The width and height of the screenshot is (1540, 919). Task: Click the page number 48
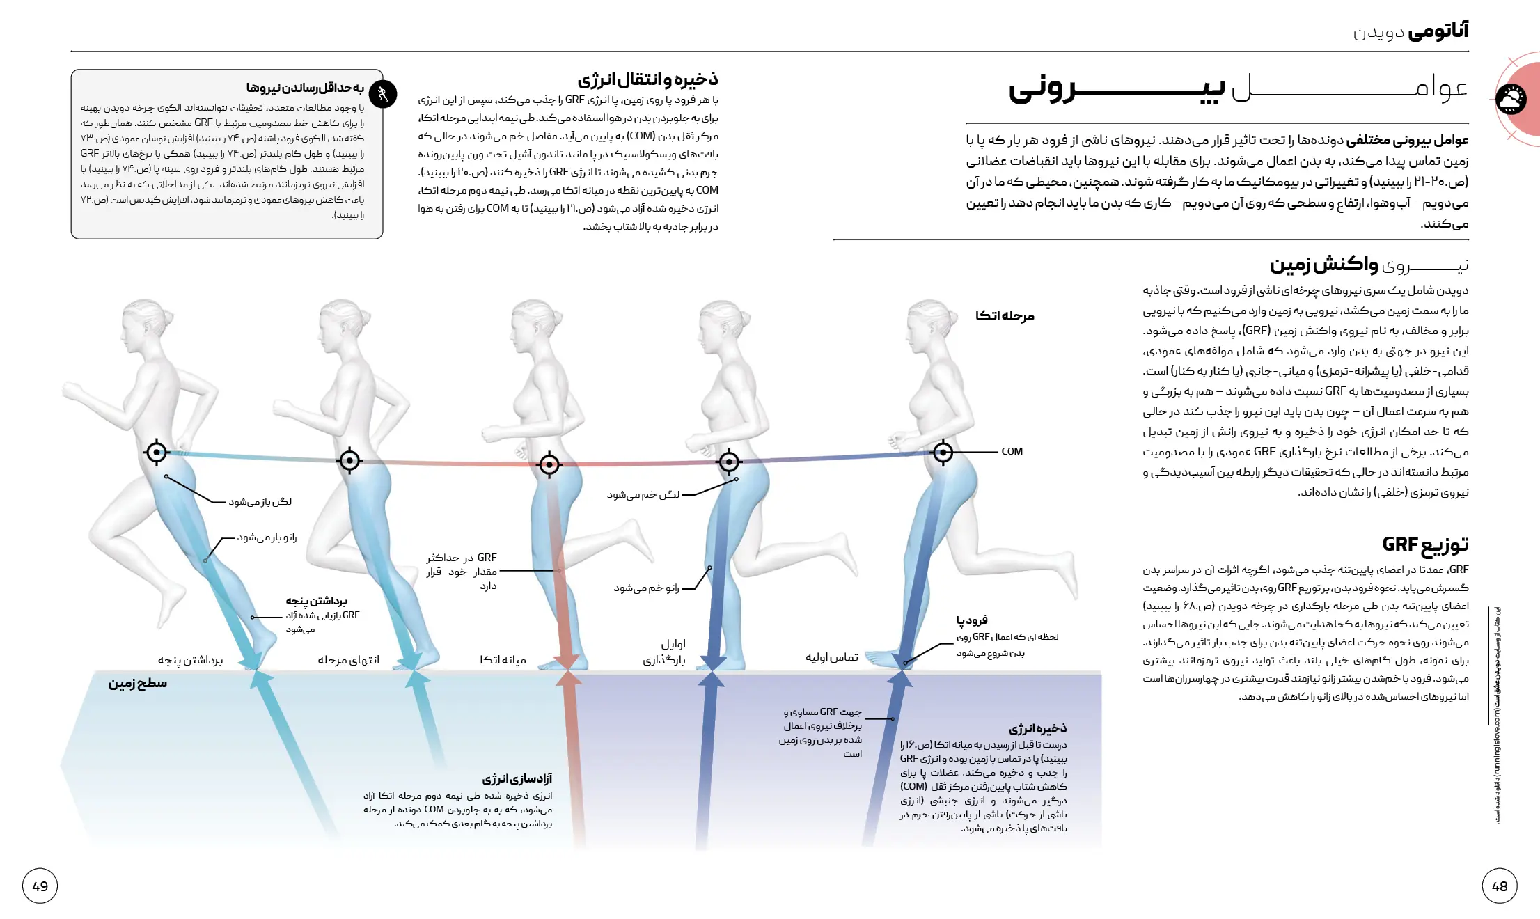[x=1499, y=886]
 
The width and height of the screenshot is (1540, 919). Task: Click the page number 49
[x=40, y=886]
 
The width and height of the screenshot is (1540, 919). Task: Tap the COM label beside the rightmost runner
[x=1012, y=451]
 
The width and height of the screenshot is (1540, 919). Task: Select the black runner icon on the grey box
[x=382, y=93]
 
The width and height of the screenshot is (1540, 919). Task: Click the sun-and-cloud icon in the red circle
[x=1511, y=100]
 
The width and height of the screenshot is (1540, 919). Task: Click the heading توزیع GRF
[x=1425, y=544]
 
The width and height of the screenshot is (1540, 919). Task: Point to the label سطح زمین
[x=137, y=683]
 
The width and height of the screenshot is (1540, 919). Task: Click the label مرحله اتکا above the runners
[x=1004, y=315]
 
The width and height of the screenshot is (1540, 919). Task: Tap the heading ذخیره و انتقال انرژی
[x=647, y=79]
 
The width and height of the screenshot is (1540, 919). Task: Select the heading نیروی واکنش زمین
[x=1369, y=265]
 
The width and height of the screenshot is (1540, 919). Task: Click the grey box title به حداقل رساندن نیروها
[x=304, y=88]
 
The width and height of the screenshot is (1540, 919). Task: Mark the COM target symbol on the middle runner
[x=549, y=464]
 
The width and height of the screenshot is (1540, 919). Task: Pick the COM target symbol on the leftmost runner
[x=157, y=453]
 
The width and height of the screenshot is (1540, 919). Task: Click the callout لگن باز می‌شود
[x=260, y=501]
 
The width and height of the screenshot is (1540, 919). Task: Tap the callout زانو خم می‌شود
[x=646, y=588]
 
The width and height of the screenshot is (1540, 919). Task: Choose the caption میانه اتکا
[x=503, y=659]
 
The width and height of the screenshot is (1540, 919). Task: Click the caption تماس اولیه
[x=831, y=657]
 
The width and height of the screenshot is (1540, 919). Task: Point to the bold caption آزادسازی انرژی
[x=517, y=778]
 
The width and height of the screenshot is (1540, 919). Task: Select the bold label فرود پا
[x=971, y=620]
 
